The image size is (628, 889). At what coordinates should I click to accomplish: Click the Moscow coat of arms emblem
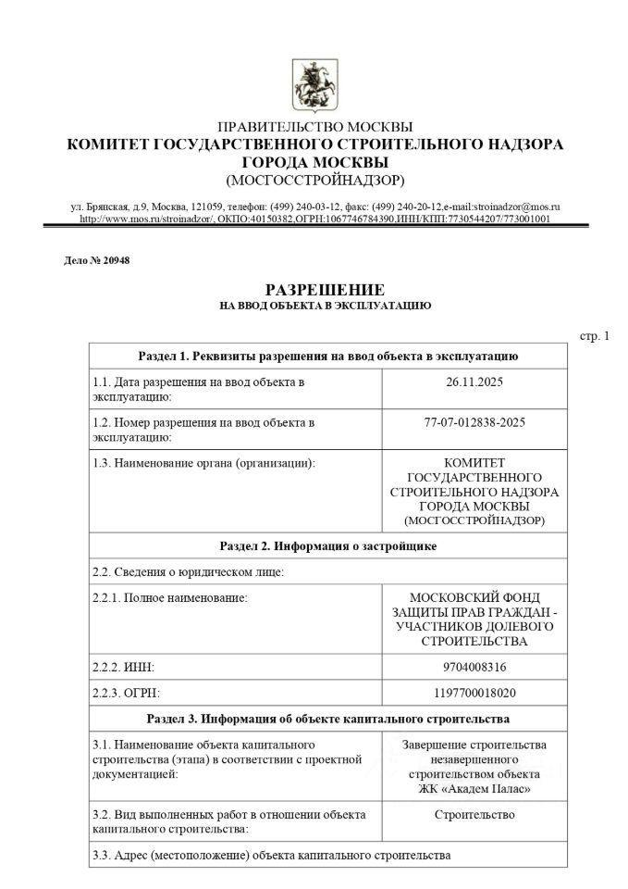pyautogui.click(x=314, y=82)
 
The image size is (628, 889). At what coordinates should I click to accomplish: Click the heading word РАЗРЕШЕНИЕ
pyautogui.click(x=325, y=290)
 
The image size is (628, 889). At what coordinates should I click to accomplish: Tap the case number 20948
pyautogui.click(x=115, y=260)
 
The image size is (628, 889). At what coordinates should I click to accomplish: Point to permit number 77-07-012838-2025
pyautogui.click(x=474, y=422)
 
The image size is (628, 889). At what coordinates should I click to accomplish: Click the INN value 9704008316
pyautogui.click(x=474, y=667)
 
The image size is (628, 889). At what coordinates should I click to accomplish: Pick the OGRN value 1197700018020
pyautogui.click(x=474, y=693)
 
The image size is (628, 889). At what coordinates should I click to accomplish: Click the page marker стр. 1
pyautogui.click(x=595, y=335)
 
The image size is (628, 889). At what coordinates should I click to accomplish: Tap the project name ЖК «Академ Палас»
pyautogui.click(x=474, y=789)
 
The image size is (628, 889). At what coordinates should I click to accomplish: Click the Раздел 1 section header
pyautogui.click(x=327, y=356)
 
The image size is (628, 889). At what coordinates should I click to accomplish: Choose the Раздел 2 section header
pyautogui.click(x=327, y=546)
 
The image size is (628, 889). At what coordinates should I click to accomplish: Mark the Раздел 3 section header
pyautogui.click(x=327, y=719)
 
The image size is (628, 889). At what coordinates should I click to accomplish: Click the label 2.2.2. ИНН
pyautogui.click(x=124, y=667)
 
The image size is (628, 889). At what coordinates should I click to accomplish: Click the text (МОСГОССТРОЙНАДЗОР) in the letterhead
pyautogui.click(x=315, y=179)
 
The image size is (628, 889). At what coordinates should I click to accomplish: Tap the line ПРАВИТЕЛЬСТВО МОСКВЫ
pyautogui.click(x=315, y=127)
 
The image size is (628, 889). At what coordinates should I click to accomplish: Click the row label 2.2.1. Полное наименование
pyautogui.click(x=171, y=597)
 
